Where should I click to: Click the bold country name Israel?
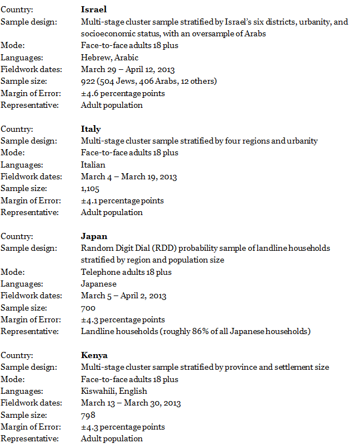[x=93, y=9]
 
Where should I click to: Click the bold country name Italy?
[x=90, y=129]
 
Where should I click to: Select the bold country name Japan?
[x=94, y=236]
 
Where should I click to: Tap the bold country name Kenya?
[x=94, y=355]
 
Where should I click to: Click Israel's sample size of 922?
[x=88, y=82]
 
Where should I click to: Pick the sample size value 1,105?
[x=90, y=189]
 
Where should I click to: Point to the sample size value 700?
[x=88, y=308]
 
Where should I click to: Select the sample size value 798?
[x=88, y=415]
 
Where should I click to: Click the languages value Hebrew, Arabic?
[x=109, y=58]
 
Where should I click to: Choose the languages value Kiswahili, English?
[x=114, y=391]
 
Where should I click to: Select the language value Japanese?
[x=98, y=284]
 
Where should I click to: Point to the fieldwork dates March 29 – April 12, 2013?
[x=128, y=70]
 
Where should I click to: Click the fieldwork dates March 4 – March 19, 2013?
[x=128, y=177]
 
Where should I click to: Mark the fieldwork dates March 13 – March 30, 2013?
[x=131, y=403]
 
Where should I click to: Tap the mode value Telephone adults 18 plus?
[x=126, y=272]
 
